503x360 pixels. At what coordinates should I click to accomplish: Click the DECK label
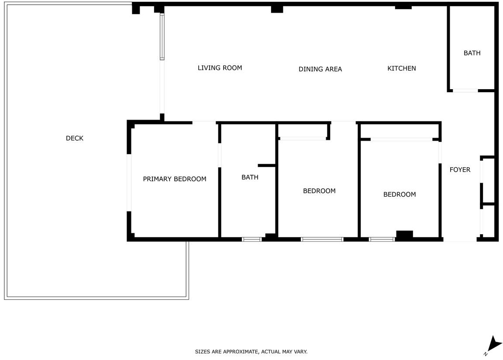[x=74, y=138]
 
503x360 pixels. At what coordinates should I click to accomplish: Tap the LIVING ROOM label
[x=220, y=68]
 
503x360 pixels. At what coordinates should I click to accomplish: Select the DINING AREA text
[x=320, y=69]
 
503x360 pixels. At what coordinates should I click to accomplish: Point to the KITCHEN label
[x=402, y=68]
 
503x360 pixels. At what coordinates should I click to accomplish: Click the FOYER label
[x=460, y=170]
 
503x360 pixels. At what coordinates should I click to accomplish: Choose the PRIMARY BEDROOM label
[x=175, y=179]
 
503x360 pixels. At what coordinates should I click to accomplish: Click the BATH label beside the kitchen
[x=472, y=53]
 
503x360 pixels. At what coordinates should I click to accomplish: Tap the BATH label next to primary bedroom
[x=250, y=177]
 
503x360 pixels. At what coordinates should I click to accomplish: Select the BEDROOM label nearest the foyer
[x=400, y=194]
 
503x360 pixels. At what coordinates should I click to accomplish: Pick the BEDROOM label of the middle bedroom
[x=319, y=191]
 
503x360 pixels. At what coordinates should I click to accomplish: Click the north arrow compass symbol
[x=494, y=345]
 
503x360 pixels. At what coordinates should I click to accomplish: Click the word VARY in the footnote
[x=301, y=352]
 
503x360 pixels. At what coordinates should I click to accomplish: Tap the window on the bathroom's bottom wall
[x=251, y=239]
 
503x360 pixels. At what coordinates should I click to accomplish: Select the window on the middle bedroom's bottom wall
[x=322, y=239]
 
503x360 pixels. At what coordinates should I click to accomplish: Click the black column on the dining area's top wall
[x=277, y=9]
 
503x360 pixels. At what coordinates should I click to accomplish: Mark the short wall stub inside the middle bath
[x=267, y=166]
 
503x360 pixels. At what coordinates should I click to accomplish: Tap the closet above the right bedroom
[x=400, y=131]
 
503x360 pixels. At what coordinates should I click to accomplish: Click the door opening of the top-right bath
[x=465, y=91]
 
